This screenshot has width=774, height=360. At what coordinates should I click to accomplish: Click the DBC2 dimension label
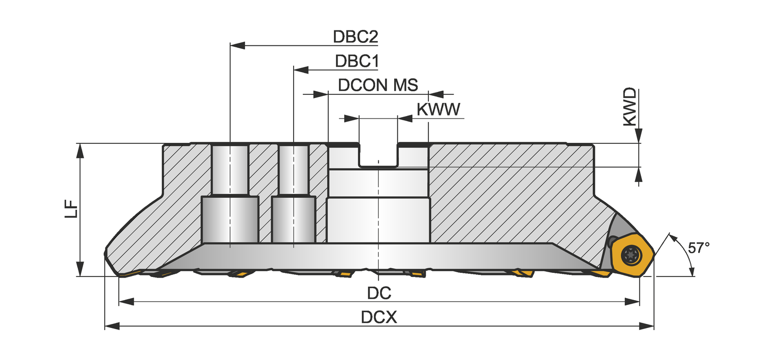(x=356, y=37)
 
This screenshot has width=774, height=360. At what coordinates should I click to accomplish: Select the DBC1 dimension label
(x=357, y=61)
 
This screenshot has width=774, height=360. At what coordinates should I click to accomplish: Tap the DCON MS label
(x=378, y=85)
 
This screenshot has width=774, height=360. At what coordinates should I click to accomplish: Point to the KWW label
(x=438, y=109)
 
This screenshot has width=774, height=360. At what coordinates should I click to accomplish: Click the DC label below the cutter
(x=379, y=293)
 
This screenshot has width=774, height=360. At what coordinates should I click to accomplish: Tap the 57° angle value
(x=699, y=248)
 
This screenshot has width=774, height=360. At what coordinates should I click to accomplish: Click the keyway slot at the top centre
(x=379, y=155)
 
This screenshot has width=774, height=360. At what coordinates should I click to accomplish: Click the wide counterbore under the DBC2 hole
(x=230, y=220)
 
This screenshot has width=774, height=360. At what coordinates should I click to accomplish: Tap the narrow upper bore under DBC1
(x=294, y=170)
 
